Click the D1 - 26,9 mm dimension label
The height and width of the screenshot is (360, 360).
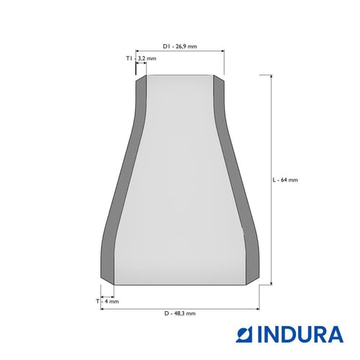(x=180, y=46)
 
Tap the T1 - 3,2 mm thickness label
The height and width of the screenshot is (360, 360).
(x=141, y=58)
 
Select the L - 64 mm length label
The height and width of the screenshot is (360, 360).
(x=285, y=180)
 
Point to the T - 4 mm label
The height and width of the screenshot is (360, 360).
(x=107, y=301)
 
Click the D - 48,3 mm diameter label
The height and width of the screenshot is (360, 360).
(x=180, y=313)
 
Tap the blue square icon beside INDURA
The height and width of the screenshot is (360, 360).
(x=245, y=334)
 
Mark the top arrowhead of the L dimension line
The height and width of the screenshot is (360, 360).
(x=271, y=76)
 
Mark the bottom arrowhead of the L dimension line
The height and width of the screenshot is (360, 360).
(x=271, y=283)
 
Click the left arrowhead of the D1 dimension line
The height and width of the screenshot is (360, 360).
(x=138, y=51)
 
